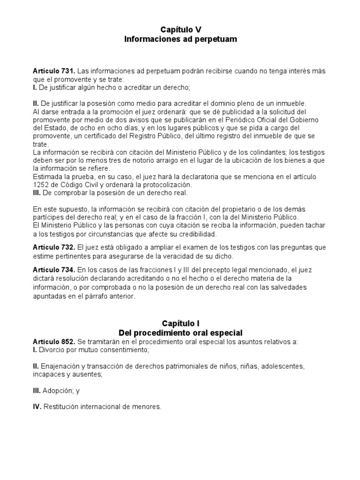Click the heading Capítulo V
point(180,30)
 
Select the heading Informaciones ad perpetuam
point(180,39)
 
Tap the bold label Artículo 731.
point(53,71)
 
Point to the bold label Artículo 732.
point(53,247)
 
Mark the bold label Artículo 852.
point(53,342)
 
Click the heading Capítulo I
point(180,323)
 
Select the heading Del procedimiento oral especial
point(180,333)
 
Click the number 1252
point(41,185)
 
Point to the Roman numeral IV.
point(37,407)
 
